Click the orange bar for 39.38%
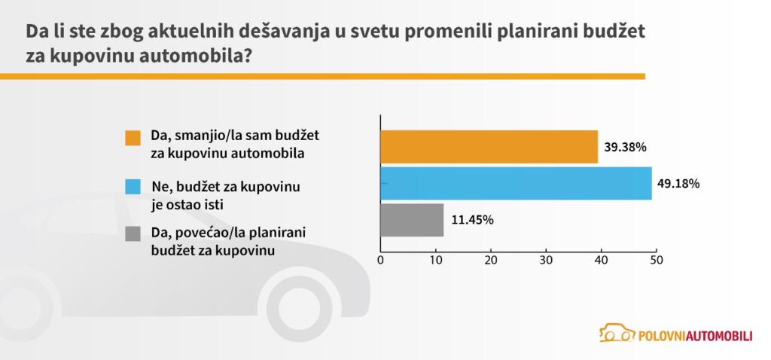489,147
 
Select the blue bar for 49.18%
516,183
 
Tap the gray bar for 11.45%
412,220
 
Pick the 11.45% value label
472,220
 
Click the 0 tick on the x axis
381,261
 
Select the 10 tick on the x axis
436,261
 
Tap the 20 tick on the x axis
491,261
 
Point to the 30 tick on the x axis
546,261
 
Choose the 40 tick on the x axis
601,261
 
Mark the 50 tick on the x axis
656,261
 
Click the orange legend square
133,139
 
